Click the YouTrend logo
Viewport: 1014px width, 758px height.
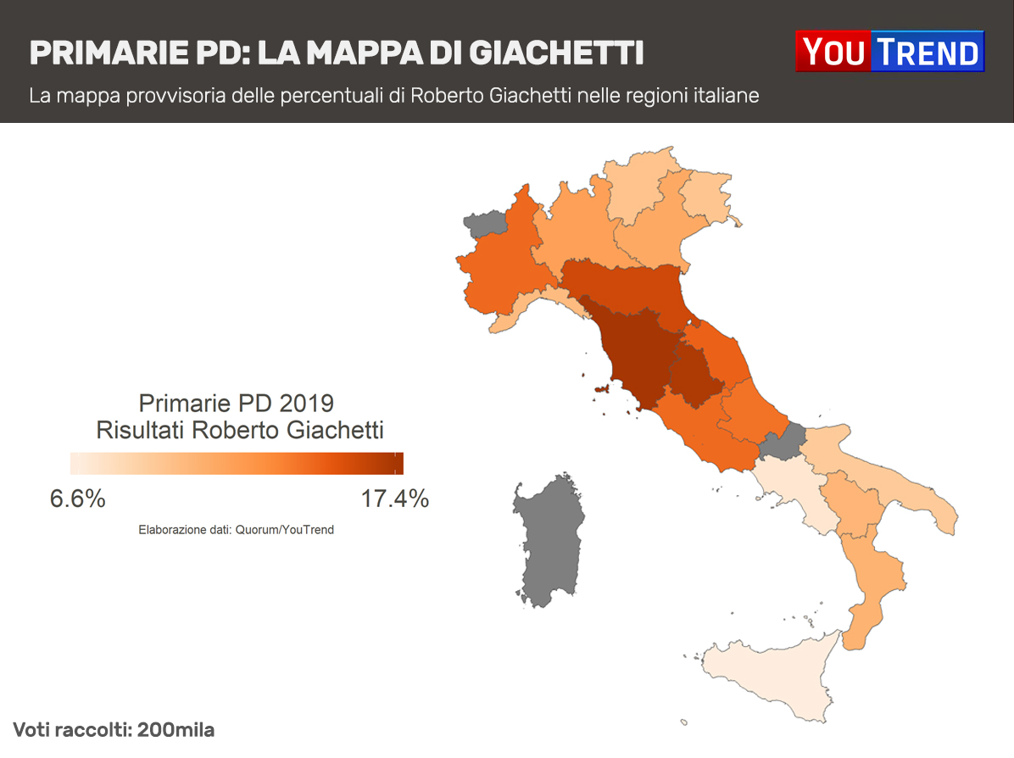click(x=889, y=52)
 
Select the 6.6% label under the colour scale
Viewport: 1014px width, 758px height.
click(x=78, y=499)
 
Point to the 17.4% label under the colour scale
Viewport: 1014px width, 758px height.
click(x=394, y=499)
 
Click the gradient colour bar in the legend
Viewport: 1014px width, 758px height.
click(x=237, y=463)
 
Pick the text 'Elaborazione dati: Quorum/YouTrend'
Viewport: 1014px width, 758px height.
click(x=237, y=530)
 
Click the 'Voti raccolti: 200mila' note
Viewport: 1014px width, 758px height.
click(x=114, y=730)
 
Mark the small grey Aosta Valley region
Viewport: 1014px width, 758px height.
click(x=486, y=225)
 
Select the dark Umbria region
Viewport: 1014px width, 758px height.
click(x=695, y=373)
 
